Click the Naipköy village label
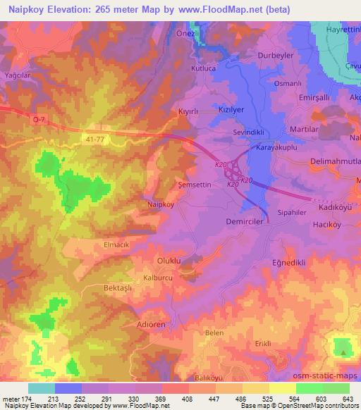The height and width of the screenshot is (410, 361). (x=160, y=204)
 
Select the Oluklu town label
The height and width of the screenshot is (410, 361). (x=169, y=261)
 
